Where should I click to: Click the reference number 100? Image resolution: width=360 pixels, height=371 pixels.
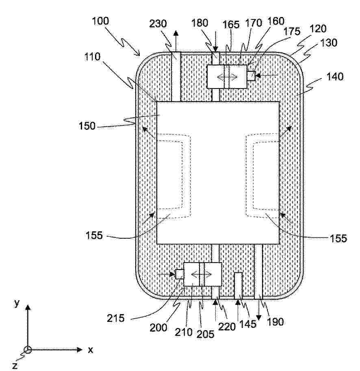click(100, 21)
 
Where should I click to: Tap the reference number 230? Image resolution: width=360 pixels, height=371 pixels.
click(158, 24)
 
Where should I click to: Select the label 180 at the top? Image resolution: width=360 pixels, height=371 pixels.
click(200, 23)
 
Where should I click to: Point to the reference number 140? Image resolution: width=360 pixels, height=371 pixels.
click(335, 77)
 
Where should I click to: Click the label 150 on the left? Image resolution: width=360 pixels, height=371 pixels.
click(87, 126)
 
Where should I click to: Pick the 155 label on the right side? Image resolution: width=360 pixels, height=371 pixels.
click(338, 238)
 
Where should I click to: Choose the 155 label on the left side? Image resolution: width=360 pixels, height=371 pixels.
click(94, 235)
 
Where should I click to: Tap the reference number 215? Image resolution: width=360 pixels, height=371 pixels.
click(115, 318)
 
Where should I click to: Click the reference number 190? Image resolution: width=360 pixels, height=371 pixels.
click(275, 322)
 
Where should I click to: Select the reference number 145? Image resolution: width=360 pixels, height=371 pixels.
click(248, 324)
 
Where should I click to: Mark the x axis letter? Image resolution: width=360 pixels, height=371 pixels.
click(91, 350)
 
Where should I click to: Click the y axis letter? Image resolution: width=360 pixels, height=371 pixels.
click(17, 303)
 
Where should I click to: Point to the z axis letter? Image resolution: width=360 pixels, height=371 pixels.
click(15, 366)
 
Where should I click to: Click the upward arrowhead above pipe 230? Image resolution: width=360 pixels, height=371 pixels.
click(176, 33)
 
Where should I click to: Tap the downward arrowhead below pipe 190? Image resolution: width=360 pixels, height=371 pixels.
click(259, 317)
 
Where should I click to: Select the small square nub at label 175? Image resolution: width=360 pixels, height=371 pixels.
click(251, 76)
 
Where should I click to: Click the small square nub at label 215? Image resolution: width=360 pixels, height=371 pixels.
click(180, 274)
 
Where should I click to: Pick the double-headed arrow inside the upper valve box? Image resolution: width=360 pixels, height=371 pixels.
click(227, 76)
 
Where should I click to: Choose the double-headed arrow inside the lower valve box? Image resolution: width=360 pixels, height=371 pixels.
click(201, 274)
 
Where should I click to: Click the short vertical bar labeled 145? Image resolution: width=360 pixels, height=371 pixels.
click(238, 286)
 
